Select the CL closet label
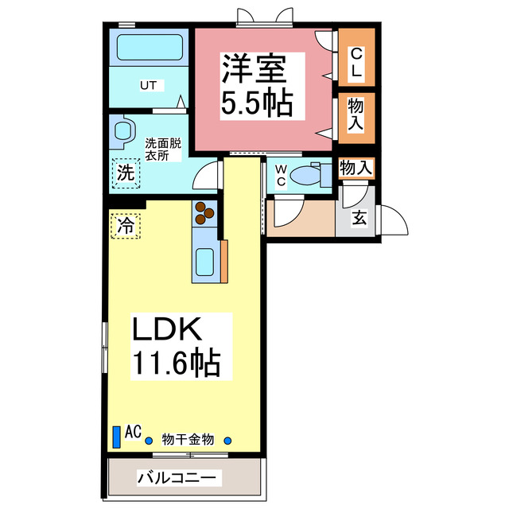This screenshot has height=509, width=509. point(356,63)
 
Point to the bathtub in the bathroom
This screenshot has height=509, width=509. point(152,47)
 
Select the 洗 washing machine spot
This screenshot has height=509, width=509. point(126,172)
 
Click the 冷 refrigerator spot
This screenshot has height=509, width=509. point(125,224)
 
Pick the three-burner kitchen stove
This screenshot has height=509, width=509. point(204,213)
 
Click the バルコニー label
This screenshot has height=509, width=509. point(179,479)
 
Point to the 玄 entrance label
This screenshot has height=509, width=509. point(359,216)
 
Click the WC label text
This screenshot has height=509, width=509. point(281,174)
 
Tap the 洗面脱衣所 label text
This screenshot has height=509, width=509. point(163,150)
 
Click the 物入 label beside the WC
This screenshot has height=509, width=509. point(355,168)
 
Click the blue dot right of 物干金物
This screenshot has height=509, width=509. point(228,441)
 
